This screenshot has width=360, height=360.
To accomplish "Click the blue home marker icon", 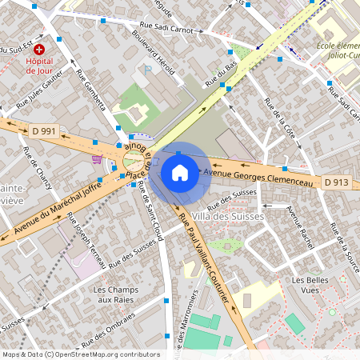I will (x=180, y=173).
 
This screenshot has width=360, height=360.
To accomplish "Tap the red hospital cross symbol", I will (x=38, y=49).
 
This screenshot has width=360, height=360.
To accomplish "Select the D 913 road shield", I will (x=336, y=182).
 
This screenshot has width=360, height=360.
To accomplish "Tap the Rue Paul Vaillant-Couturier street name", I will (x=205, y=259).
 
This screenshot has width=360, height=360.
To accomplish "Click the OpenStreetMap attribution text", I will (x=80, y=354).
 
